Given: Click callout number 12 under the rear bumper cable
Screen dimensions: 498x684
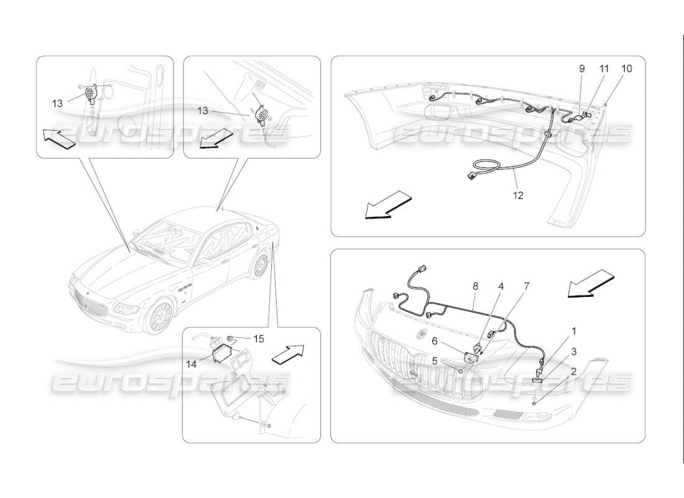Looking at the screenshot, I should (x=518, y=195).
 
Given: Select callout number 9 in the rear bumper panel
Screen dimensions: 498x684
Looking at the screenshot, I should (x=583, y=69).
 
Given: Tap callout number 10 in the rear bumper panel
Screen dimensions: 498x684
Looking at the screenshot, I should (x=626, y=69).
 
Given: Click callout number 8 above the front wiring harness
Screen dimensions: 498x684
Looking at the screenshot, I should (x=475, y=287).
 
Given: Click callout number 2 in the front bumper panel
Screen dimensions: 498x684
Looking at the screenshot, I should (x=573, y=372).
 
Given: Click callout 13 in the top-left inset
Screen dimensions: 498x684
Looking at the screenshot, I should (x=57, y=103).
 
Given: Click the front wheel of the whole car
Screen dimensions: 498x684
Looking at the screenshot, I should (x=161, y=317).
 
